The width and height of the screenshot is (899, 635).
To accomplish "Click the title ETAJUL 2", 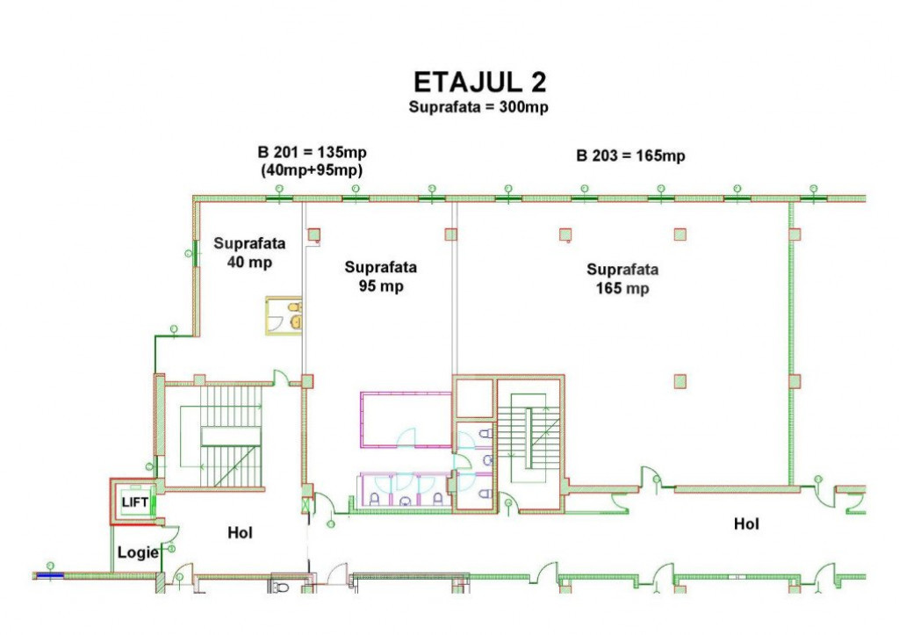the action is (x=480, y=82).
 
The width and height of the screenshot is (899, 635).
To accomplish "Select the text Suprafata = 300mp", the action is (x=478, y=107).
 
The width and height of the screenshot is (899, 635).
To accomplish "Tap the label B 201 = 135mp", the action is (x=312, y=153).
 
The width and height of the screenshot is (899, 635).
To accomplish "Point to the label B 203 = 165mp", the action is (x=630, y=156).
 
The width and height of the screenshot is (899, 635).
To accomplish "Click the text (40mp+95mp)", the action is (x=312, y=170).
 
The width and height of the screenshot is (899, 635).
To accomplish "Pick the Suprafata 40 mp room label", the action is (x=249, y=253).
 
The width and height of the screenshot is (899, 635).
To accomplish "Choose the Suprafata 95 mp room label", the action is (x=381, y=277).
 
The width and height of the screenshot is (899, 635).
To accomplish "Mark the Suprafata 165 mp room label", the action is (x=622, y=278).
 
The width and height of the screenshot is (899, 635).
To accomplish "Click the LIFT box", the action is (x=134, y=502).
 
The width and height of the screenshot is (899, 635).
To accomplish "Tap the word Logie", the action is (x=138, y=552).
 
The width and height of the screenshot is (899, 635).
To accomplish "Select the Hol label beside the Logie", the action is (x=240, y=533).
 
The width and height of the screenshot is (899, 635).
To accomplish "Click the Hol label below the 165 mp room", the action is (x=746, y=523).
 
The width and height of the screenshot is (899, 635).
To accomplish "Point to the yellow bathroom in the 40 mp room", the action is (x=284, y=315).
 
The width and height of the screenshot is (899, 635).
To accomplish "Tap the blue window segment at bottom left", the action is (x=50, y=575).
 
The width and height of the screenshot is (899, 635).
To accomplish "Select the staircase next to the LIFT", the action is (x=220, y=436).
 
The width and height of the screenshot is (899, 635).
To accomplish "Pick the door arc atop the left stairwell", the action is (x=281, y=378).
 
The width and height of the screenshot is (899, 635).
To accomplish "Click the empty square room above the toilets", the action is (x=474, y=398).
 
